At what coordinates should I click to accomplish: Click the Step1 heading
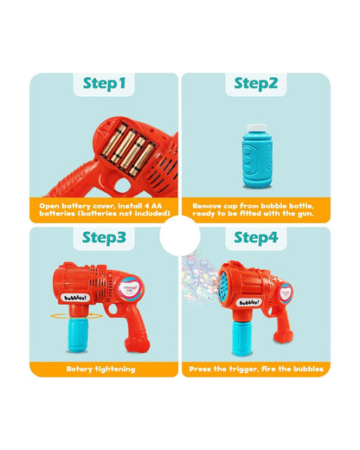tap(104, 83)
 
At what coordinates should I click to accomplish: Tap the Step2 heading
tap(255, 83)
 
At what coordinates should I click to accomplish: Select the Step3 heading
tap(104, 236)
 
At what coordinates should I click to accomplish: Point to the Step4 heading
tap(255, 236)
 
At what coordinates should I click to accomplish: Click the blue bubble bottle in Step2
tap(255, 147)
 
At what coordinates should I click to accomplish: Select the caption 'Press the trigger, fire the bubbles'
tap(255, 370)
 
